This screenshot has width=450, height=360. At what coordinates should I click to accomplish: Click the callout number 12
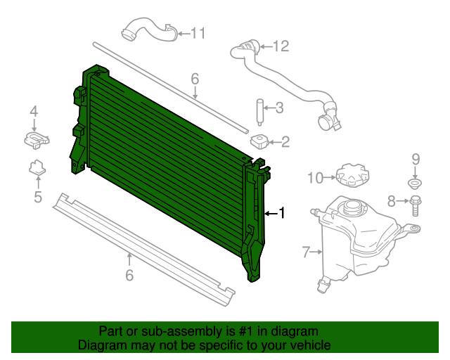pyautogui.click(x=281, y=47)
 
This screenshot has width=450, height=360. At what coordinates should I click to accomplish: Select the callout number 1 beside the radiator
pyautogui.click(x=282, y=213)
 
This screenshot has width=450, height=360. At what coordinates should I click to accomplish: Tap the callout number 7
pyautogui.click(x=306, y=251)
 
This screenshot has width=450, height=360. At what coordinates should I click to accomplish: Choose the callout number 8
pyautogui.click(x=392, y=202)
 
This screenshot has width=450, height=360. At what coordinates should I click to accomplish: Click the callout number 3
pyautogui.click(x=279, y=108)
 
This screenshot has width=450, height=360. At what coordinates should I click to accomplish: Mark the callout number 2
pyautogui.click(x=285, y=142)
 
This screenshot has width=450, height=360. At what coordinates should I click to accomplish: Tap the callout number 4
pyautogui.click(x=34, y=110)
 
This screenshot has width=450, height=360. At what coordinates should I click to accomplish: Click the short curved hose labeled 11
pyautogui.click(x=146, y=32)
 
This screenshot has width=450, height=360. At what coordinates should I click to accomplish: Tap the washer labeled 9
pyautogui.click(x=415, y=185)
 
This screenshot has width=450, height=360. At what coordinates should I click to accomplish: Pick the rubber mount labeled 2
pyautogui.click(x=259, y=141)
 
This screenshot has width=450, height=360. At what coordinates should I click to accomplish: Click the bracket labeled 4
pyautogui.click(x=36, y=139)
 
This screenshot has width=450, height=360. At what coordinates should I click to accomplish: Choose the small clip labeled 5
pyautogui.click(x=37, y=168)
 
